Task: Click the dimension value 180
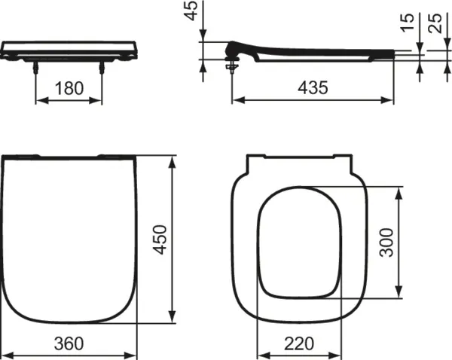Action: [69, 88]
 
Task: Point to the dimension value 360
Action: [69, 343]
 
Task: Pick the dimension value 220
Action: [300, 343]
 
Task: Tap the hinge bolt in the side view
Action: [231, 67]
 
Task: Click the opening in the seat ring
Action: [300, 241]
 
